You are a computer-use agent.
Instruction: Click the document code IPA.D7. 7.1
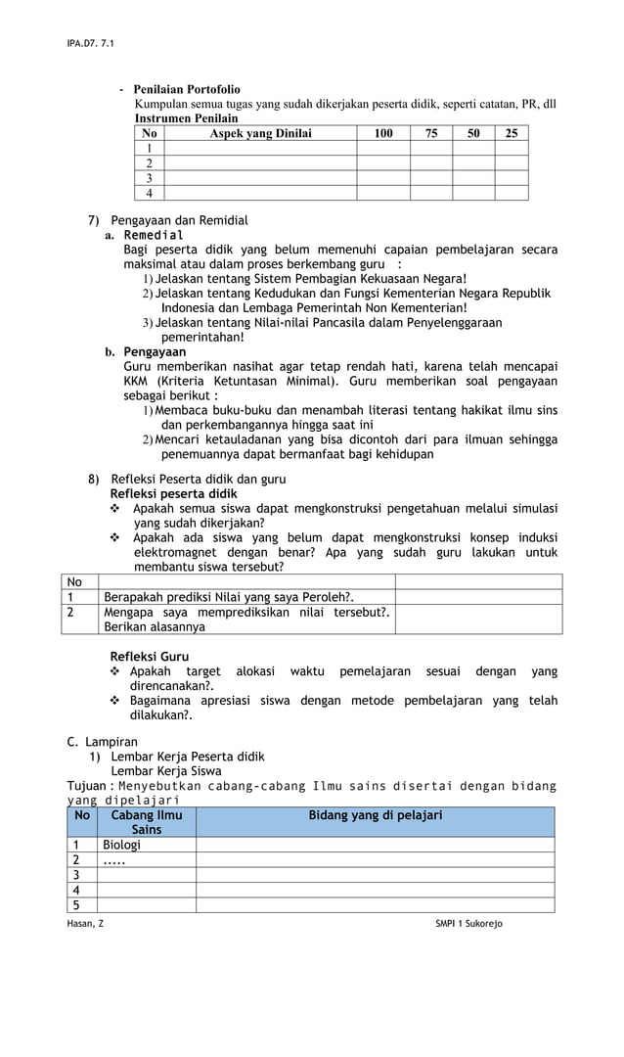pos(84,44)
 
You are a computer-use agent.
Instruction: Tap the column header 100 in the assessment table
pos(383,133)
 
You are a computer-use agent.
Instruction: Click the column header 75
pos(431,133)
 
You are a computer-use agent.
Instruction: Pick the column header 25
pos(512,133)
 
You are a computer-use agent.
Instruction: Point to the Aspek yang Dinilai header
pos(260,133)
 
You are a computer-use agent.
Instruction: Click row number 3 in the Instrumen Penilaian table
pos(149,178)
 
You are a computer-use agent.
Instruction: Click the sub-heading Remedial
pos(153,235)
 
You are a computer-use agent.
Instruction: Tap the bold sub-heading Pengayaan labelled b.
pos(155,351)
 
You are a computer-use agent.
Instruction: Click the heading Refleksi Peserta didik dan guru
pos(198,480)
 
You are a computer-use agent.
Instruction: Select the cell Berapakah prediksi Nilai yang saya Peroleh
pos(229,597)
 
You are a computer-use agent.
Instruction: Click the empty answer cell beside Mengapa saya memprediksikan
pos(478,620)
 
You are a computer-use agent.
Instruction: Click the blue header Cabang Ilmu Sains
pos(147,822)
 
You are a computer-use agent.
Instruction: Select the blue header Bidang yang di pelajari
pos(376,815)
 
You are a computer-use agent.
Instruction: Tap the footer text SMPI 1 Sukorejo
pos(468,924)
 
